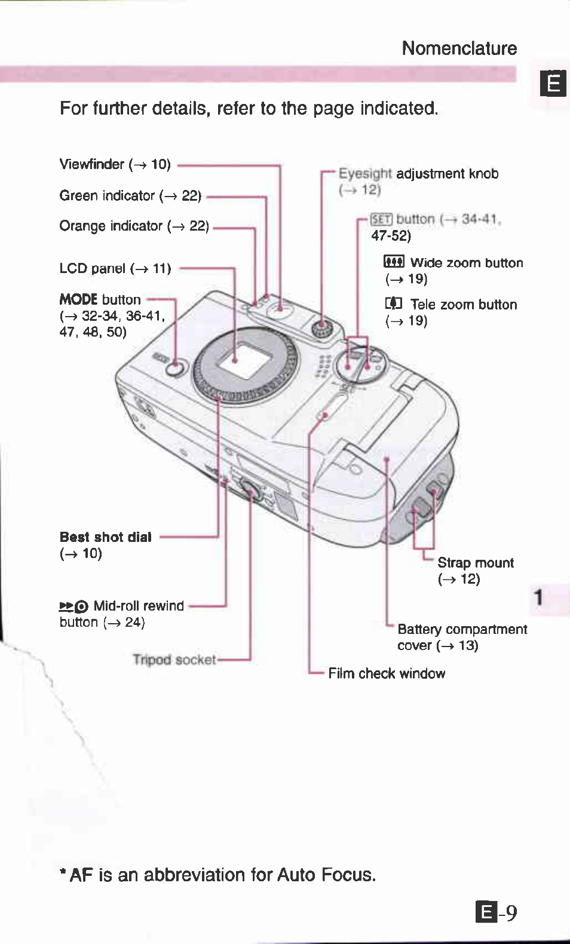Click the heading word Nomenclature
click(459, 48)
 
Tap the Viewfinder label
click(91, 164)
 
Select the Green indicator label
click(107, 196)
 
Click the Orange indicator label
click(111, 226)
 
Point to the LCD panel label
click(93, 269)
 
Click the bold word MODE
click(78, 299)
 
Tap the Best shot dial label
click(106, 537)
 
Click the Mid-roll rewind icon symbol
click(73, 606)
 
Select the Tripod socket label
click(174, 660)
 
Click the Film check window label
click(387, 674)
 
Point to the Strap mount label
click(475, 563)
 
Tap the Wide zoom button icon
click(394, 262)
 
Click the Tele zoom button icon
click(393, 304)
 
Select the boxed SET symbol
click(381, 219)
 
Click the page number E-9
click(497, 913)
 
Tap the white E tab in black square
click(553, 84)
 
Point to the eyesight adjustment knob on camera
click(323, 329)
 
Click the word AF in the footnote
click(81, 875)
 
